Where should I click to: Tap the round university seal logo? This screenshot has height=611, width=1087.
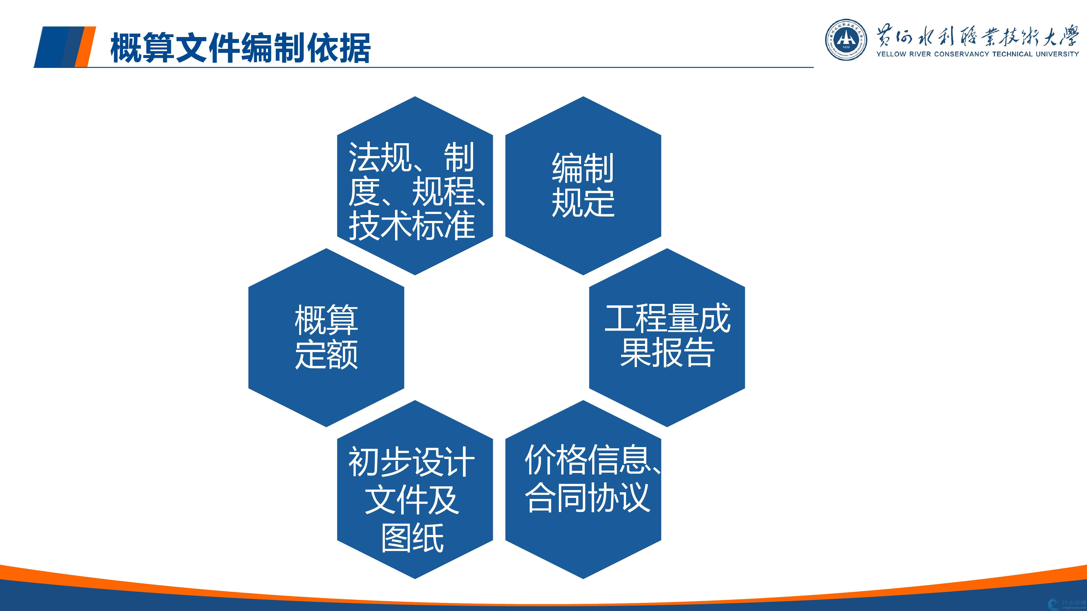pyautogui.click(x=846, y=40)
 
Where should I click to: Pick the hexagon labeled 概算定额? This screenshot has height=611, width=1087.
pyautogui.click(x=326, y=337)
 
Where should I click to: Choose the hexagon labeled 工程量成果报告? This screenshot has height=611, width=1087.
pyautogui.click(x=667, y=337)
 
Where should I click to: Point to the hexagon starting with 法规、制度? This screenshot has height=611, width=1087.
pyautogui.click(x=415, y=186)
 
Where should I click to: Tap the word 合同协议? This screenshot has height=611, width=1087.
pyautogui.click(x=587, y=498)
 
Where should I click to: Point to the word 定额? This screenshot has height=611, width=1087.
pyautogui.click(x=326, y=354)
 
